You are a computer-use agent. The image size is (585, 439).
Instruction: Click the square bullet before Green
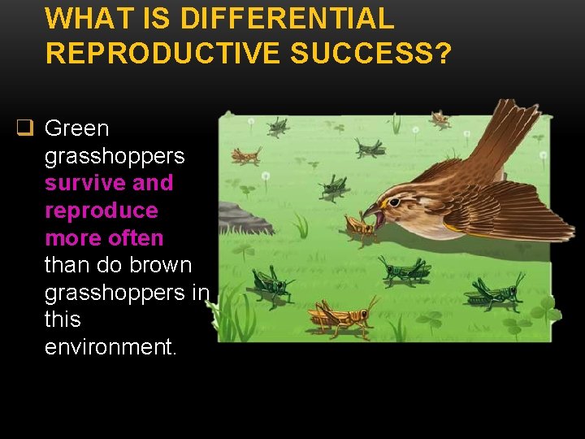point(25,128)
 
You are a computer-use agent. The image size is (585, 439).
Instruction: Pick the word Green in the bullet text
point(76,128)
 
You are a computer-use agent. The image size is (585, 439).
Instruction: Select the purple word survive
point(84,183)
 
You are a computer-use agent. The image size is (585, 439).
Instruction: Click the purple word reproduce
point(102,211)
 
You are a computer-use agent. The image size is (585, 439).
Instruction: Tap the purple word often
point(139,238)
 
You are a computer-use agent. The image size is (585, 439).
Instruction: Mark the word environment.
point(110,347)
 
